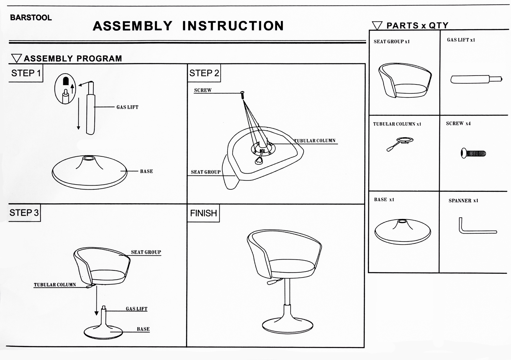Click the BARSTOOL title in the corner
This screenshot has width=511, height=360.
click(x=31, y=18)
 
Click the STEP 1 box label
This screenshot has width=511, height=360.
click(x=26, y=73)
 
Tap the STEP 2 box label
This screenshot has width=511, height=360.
click(x=204, y=73)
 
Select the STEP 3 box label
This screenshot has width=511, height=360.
click(x=24, y=213)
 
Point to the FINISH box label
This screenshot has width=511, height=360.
click(x=203, y=213)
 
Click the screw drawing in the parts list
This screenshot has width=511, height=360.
click(x=473, y=153)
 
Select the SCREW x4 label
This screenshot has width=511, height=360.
click(x=458, y=123)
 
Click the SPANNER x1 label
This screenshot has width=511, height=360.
click(x=463, y=201)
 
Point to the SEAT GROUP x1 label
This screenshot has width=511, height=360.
click(x=391, y=42)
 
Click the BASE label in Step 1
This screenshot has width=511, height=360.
click(x=146, y=171)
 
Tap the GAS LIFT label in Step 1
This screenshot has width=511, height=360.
click(x=127, y=107)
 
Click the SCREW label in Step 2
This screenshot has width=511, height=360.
click(x=203, y=90)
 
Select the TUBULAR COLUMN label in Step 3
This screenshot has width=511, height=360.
click(x=55, y=285)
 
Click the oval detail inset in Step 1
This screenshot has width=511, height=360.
click(x=65, y=89)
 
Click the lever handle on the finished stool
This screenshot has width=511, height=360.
click(x=273, y=282)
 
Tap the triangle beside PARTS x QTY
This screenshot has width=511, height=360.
click(x=377, y=26)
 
